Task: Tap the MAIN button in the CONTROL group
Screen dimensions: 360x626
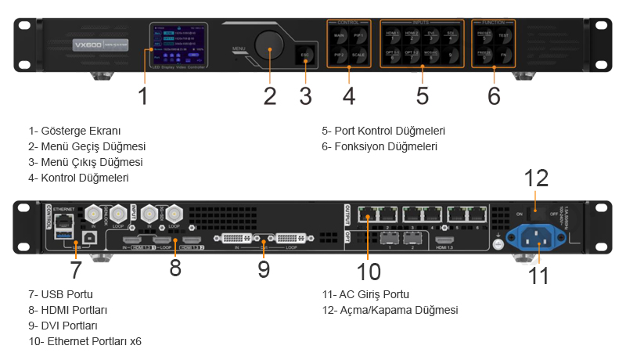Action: point(340,36)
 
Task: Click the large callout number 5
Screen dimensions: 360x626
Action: point(423,96)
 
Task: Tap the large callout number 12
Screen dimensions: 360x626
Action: point(537,179)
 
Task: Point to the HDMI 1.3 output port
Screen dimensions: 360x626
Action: point(445,242)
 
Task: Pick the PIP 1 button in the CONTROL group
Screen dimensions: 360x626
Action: point(358,36)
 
